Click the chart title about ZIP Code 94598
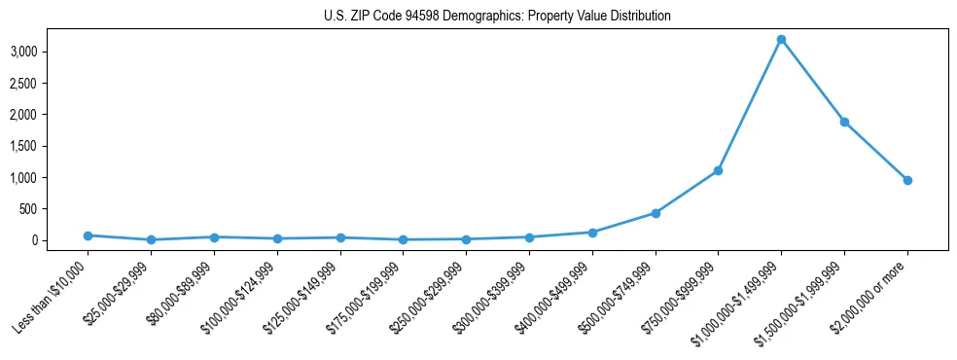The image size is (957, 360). (x=497, y=17)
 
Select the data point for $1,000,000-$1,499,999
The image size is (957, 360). (x=781, y=40)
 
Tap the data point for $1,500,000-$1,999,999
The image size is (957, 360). (x=844, y=122)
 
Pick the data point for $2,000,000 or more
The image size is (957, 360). (x=907, y=180)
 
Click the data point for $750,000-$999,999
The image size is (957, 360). (x=718, y=170)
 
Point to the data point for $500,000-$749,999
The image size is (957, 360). (x=656, y=213)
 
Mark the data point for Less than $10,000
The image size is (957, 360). (x=89, y=235)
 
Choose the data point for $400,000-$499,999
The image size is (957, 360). (x=592, y=233)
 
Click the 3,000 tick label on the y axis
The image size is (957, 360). (x=52, y=52)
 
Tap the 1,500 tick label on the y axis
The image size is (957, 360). (x=52, y=146)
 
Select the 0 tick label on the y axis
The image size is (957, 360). (x=62, y=240)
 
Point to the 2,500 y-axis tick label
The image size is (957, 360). (x=52, y=84)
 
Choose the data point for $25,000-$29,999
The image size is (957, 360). (x=151, y=239)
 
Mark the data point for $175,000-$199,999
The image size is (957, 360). (x=403, y=239)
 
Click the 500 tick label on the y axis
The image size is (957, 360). (x=55, y=209)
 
